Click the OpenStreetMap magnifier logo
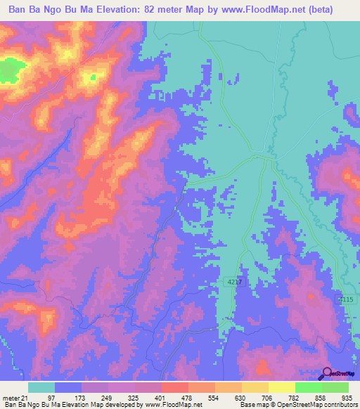[327, 374]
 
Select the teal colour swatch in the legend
[41, 387]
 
